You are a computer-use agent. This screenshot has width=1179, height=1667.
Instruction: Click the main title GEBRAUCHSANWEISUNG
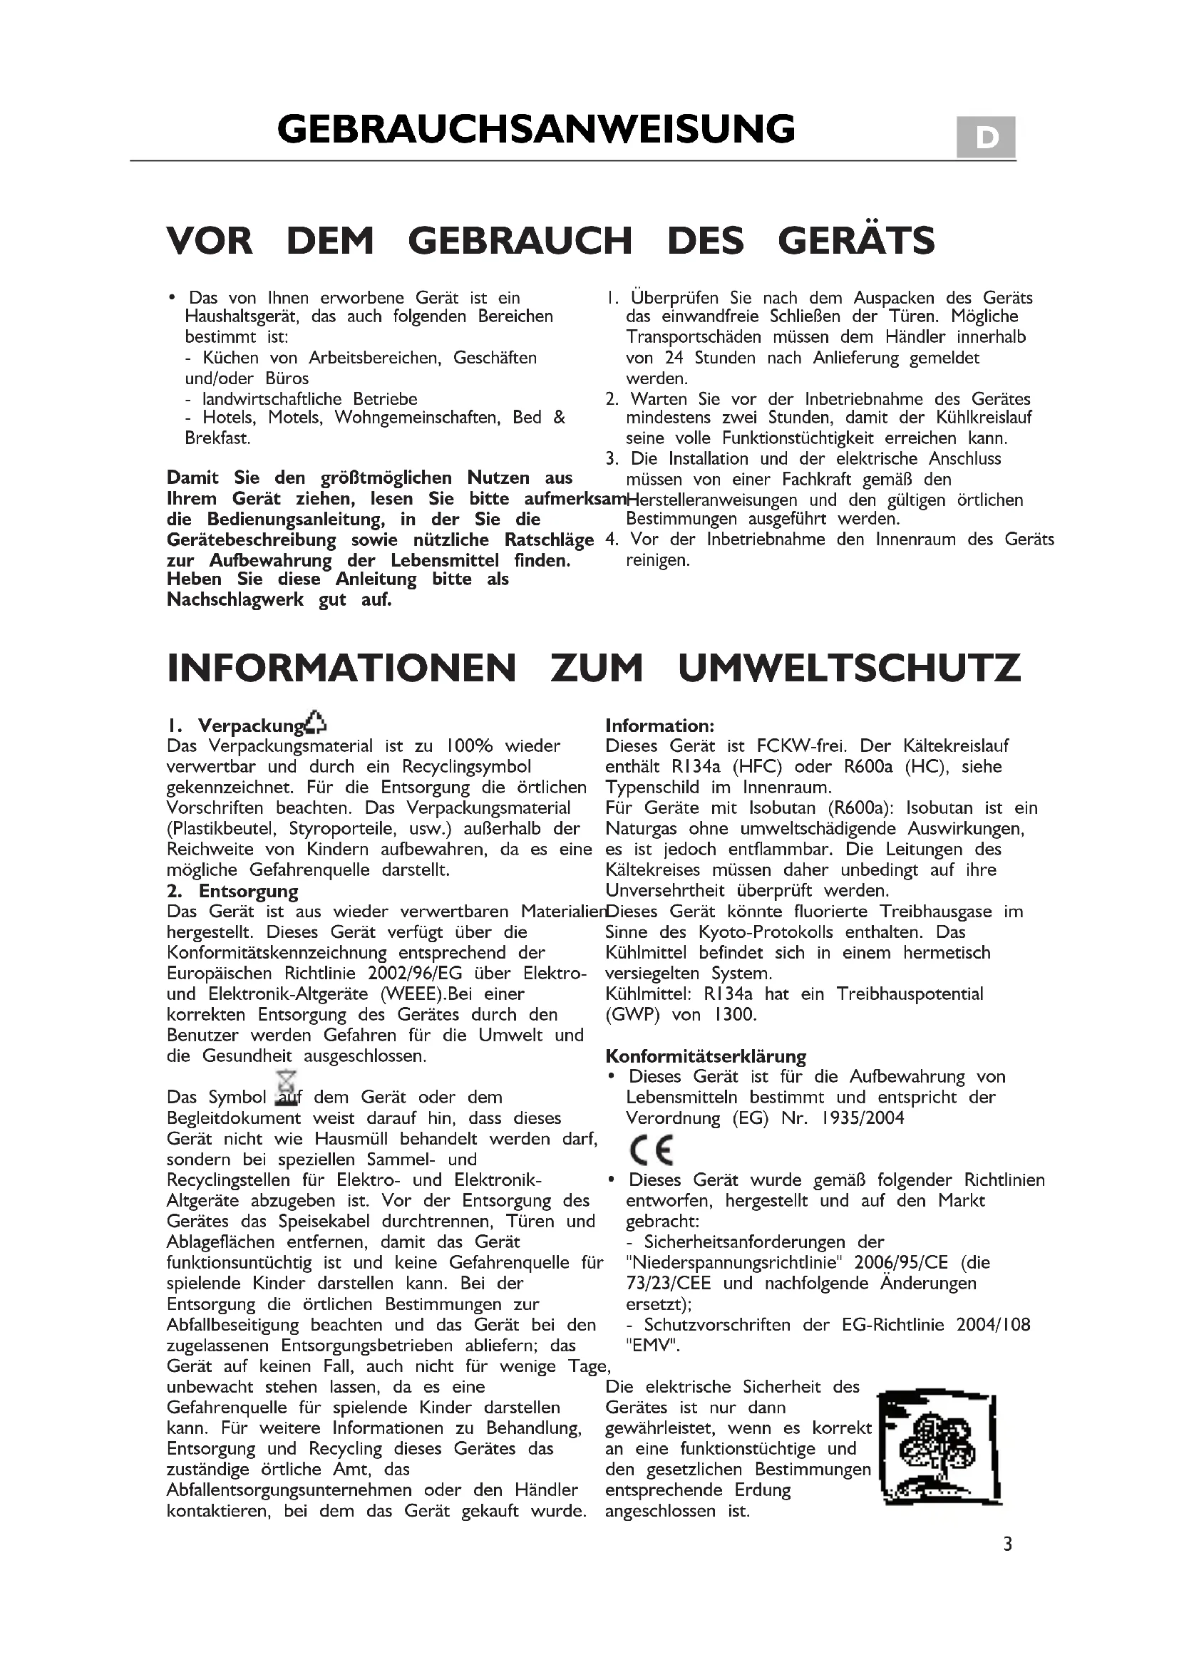(536, 130)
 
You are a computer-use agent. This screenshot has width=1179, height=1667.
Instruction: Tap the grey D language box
(985, 138)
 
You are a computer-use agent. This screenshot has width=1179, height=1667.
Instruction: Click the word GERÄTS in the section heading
(856, 241)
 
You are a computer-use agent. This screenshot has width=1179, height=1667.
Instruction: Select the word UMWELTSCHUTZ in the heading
(850, 668)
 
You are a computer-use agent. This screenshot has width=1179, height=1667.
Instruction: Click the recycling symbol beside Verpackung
(316, 722)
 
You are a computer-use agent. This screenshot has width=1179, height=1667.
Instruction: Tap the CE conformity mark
(652, 1150)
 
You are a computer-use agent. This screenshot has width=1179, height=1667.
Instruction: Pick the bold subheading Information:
(660, 726)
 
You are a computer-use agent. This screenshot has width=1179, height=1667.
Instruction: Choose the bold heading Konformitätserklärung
(706, 1056)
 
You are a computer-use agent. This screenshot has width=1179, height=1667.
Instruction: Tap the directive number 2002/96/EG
(415, 974)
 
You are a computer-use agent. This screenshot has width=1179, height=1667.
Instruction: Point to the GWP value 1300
(736, 1015)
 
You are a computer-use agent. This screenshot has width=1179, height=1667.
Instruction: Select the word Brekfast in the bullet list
(217, 438)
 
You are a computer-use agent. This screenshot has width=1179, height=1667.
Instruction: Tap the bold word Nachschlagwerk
(235, 600)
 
